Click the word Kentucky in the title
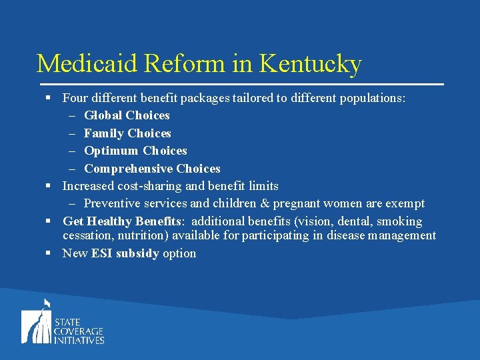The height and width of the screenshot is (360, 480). (310, 63)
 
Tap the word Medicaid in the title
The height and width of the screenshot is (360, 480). (88, 63)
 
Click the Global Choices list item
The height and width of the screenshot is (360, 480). (127, 115)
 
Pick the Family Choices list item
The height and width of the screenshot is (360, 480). (127, 133)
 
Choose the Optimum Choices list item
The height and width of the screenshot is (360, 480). (135, 151)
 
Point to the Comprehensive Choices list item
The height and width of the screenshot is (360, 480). (152, 169)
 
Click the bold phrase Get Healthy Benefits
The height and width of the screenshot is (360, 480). (122, 221)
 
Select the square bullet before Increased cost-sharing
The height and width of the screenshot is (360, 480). (49, 186)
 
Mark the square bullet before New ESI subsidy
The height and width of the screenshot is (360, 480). (49, 253)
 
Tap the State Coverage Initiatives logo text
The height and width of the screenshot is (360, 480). (79, 331)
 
